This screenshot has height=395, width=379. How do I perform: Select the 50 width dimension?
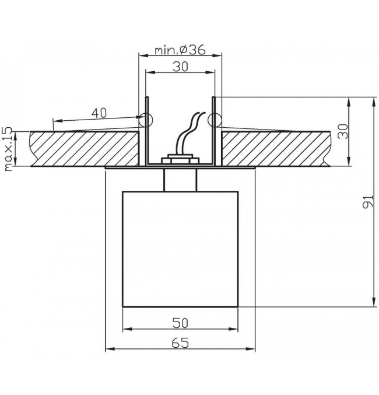pos(181,321)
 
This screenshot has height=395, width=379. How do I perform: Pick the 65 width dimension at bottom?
pos(181,344)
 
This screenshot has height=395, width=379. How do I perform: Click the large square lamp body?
pos(181,248)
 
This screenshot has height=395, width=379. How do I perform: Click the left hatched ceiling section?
pos(82,148)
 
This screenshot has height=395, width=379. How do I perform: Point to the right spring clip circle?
pos(215,120)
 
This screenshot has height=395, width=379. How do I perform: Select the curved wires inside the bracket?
pos(187,134)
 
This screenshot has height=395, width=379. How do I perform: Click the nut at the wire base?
pos(181,158)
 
